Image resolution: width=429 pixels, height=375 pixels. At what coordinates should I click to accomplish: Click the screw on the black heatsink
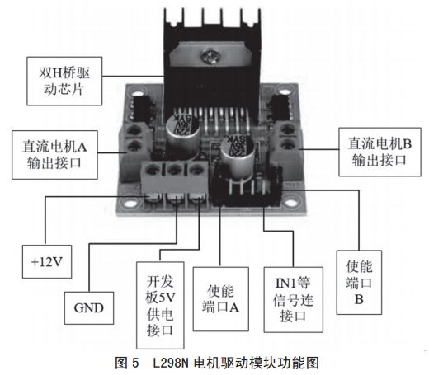click(216, 57)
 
